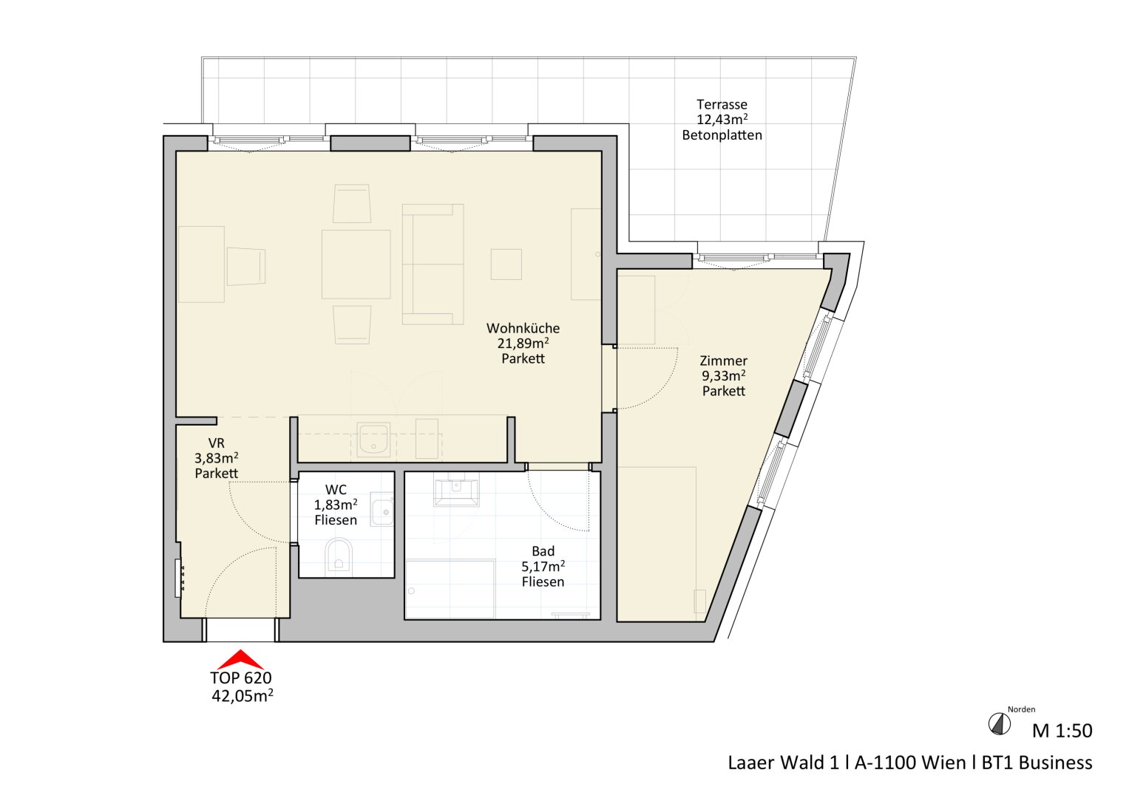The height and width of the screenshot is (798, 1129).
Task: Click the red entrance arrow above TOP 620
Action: (x=240, y=660)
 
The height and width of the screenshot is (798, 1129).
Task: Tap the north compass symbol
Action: (x=1000, y=724)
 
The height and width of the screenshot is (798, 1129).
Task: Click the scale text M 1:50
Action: (x=1062, y=731)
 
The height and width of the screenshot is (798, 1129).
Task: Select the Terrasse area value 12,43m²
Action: (x=722, y=120)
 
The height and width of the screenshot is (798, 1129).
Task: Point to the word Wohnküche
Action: (x=523, y=328)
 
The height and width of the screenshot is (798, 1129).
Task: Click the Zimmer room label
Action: (x=723, y=361)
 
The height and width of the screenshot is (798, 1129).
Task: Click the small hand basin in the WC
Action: (x=382, y=509)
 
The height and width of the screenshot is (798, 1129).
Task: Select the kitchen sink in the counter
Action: (x=373, y=440)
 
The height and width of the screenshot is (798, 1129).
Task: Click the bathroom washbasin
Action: (x=456, y=492)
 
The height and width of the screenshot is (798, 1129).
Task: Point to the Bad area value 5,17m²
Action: (x=543, y=567)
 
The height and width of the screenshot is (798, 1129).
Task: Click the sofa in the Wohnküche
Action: (x=433, y=264)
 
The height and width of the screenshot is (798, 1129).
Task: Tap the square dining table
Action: (x=356, y=264)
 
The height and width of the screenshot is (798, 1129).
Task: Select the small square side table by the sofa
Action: (x=506, y=264)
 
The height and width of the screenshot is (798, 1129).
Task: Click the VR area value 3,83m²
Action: (x=216, y=458)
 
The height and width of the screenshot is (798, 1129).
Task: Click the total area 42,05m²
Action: (x=243, y=696)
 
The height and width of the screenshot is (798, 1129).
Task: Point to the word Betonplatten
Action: (x=722, y=135)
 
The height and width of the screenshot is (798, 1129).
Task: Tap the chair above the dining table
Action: (x=352, y=203)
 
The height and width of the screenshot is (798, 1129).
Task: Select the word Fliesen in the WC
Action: (x=336, y=520)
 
